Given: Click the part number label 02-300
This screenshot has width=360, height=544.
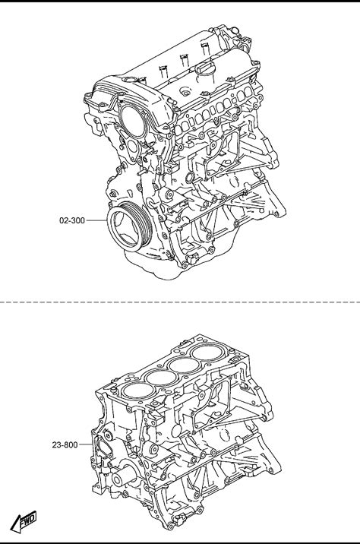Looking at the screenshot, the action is (72, 220).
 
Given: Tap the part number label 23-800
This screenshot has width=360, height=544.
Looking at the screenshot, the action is (65, 444).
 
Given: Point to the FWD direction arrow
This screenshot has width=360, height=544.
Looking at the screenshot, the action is (24, 521).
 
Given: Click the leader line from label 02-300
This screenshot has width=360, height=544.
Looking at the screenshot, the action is (96, 220).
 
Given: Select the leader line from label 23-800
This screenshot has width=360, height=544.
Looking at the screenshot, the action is (86, 444).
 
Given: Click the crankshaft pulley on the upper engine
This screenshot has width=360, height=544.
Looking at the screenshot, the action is (129, 226).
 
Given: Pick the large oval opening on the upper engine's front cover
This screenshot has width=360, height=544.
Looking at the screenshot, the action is (134, 121).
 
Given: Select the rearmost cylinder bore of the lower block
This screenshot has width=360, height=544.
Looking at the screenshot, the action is (208, 353).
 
